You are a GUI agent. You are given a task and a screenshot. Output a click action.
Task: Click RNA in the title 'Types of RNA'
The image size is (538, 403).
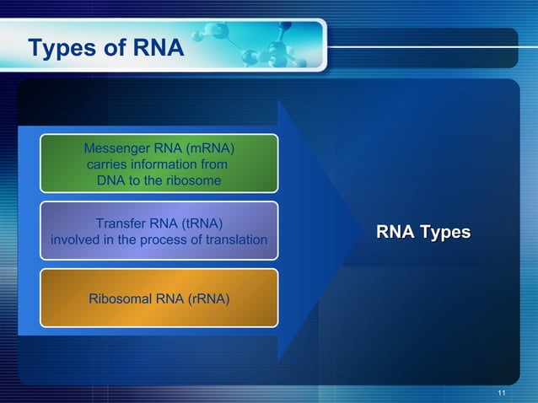click(x=158, y=48)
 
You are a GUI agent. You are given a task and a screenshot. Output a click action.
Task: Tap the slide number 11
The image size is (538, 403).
click(x=503, y=394)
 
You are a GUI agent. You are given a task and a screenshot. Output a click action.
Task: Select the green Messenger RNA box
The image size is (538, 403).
click(x=159, y=164)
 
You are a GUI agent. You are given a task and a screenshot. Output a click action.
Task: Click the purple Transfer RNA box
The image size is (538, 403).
click(x=159, y=230)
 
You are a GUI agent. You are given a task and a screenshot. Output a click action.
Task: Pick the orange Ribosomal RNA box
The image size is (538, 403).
click(x=159, y=298)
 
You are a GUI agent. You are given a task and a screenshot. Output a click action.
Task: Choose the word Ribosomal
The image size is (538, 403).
click(x=127, y=298)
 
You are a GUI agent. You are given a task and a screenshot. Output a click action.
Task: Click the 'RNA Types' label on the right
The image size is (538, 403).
click(x=422, y=232)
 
